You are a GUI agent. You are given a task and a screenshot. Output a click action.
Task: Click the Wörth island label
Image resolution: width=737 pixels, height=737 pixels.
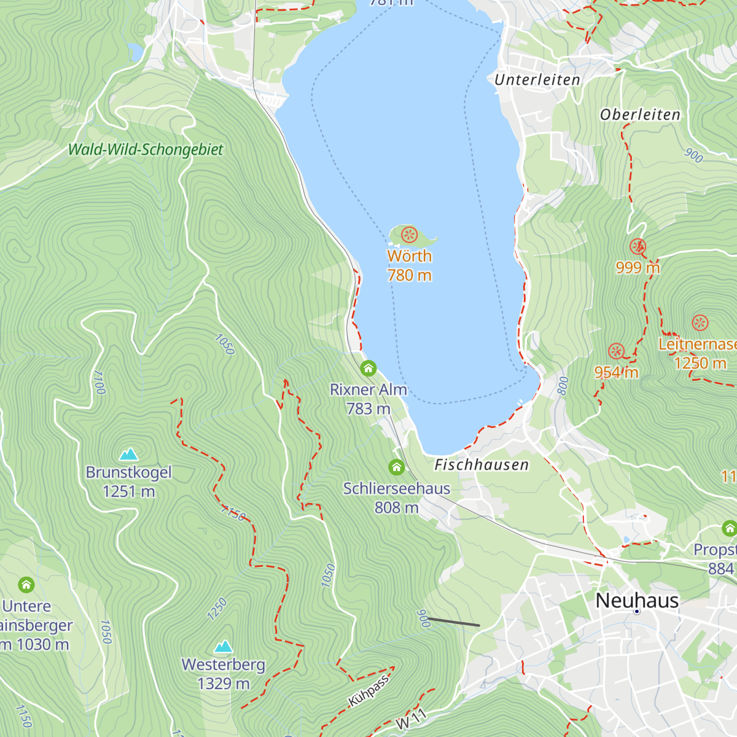pyautogui.click(x=409, y=256)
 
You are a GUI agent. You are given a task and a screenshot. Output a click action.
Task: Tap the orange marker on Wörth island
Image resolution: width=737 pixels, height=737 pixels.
pyautogui.click(x=409, y=235)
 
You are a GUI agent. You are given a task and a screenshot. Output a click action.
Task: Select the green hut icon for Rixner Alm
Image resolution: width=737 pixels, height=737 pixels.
pyautogui.click(x=368, y=368)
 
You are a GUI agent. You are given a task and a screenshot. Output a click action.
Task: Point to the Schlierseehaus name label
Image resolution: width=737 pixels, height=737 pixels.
pyautogui.click(x=396, y=489)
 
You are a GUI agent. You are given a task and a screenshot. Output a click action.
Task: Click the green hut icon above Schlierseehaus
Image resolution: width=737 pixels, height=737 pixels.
pyautogui.click(x=396, y=467)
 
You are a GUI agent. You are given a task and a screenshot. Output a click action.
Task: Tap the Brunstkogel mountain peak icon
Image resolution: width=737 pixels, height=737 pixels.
pyautogui.click(x=128, y=454)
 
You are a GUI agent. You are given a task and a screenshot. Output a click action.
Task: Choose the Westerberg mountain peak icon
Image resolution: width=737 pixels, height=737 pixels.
pyautogui.click(x=224, y=646)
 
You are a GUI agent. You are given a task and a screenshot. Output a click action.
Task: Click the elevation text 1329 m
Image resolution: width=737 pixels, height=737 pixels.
pyautogui.click(x=224, y=684)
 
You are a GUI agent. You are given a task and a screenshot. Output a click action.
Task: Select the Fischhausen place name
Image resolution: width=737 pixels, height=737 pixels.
pyautogui.click(x=482, y=465)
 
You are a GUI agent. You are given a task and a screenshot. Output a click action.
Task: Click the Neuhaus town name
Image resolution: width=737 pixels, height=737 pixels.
pyautogui.click(x=637, y=600)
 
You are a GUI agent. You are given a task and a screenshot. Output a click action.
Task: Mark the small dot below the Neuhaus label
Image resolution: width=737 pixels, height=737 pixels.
pyautogui.click(x=637, y=612)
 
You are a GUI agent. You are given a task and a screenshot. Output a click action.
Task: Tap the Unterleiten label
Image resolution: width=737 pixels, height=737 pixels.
pyautogui.click(x=537, y=80)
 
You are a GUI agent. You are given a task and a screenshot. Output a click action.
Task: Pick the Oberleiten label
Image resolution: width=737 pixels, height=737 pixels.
pyautogui.click(x=640, y=115)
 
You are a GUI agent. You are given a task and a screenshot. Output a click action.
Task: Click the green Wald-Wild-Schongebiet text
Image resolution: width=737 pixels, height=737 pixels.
pyautogui.click(x=146, y=149)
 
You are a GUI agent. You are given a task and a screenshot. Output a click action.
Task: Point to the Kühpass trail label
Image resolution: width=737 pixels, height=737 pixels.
pyautogui.click(x=368, y=691)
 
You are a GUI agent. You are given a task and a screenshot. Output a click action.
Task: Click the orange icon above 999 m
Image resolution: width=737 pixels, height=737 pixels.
pyautogui.click(x=638, y=246)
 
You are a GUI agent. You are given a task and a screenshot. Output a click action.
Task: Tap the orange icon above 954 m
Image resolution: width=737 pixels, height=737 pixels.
pyautogui.click(x=616, y=351)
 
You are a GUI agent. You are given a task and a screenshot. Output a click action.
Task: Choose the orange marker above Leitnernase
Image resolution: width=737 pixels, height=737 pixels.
pyautogui.click(x=700, y=323)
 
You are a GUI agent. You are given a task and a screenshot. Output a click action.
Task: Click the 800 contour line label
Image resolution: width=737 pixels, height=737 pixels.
pyautogui.click(x=563, y=386)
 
